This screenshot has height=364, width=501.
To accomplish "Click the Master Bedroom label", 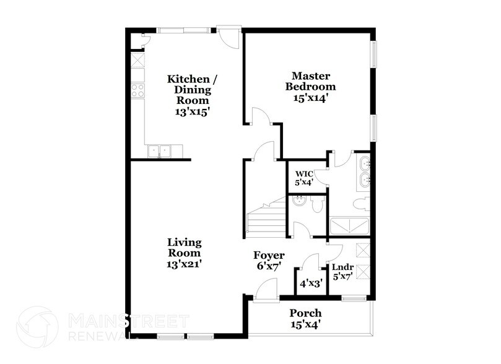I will click(x=310, y=81).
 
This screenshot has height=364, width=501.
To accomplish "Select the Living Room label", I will click(x=184, y=248).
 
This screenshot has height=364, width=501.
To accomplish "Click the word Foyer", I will click(x=269, y=255).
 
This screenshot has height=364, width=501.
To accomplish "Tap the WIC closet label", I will click(x=303, y=173).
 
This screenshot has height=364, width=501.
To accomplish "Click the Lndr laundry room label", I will click(x=342, y=267).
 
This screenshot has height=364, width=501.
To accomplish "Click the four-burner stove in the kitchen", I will click(x=137, y=90).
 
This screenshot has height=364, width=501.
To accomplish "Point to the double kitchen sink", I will click(x=159, y=150).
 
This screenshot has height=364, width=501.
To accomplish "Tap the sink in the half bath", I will click(x=298, y=200).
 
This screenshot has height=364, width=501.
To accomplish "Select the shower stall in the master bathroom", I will click(x=349, y=223).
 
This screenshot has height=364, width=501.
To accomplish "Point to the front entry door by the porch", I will click(x=265, y=291).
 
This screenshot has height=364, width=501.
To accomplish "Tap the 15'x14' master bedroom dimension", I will click(x=310, y=97).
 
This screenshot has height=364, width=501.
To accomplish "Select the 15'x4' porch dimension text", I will click(x=305, y=324).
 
